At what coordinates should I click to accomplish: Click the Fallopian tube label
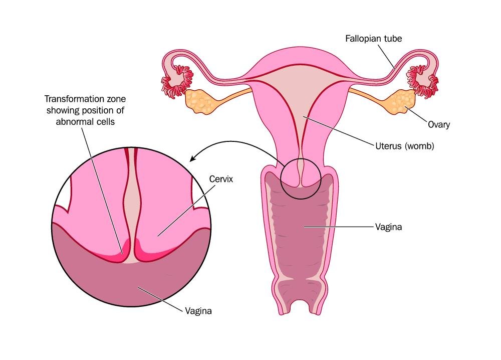(374, 39)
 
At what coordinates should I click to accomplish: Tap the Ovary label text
(439, 124)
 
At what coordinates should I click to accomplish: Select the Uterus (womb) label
(404, 146)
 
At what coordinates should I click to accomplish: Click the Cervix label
(221, 179)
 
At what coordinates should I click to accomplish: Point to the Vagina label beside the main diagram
(388, 227)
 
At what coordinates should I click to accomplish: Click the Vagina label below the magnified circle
(198, 311)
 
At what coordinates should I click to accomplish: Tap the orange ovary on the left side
(201, 101)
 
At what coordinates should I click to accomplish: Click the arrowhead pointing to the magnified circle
(193, 158)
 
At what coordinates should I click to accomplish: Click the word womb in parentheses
(419, 146)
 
